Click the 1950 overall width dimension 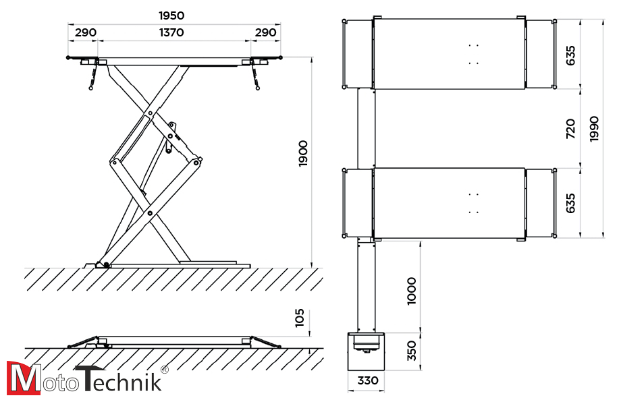(172, 16)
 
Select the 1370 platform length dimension (172, 32)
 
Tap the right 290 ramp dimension (265, 32)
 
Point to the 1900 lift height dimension (303, 154)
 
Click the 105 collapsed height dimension (300, 317)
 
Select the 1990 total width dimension (593, 128)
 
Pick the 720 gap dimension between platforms (570, 128)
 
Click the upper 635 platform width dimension (570, 55)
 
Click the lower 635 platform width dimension (570, 203)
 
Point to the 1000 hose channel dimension (412, 290)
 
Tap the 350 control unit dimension (412, 351)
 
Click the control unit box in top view (365, 351)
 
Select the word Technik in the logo (118, 378)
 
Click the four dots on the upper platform (473, 54)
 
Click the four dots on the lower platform (473, 203)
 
